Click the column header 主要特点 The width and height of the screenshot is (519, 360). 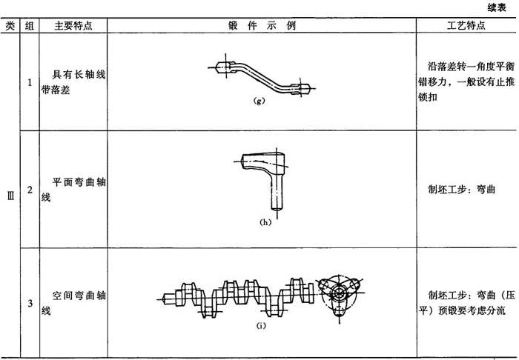pos(73,26)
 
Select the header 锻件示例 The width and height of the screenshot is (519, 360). pos(262,25)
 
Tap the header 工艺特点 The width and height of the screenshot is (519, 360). pos(466,25)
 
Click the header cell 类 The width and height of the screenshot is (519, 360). pos(10,26)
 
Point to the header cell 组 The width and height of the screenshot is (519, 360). pos(30,26)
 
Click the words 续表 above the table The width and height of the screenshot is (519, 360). pos(497,8)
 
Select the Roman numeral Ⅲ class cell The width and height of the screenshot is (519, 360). pos(10,197)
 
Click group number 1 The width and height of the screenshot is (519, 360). pos(30,82)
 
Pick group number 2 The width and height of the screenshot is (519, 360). pos(30,190)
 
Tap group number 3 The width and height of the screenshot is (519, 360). pos(30,303)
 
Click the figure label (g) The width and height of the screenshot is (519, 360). pos(259,101)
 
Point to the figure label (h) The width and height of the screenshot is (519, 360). pos(265,222)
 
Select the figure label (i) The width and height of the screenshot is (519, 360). pos(261,326)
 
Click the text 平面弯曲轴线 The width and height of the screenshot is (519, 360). pos(73,190)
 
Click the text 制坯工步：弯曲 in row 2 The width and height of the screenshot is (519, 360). pos(461,190)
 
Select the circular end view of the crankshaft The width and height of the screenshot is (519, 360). pos(340,293)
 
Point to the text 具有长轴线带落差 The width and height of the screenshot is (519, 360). pos(73,82)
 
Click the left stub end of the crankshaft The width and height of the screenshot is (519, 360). pos(168,299)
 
